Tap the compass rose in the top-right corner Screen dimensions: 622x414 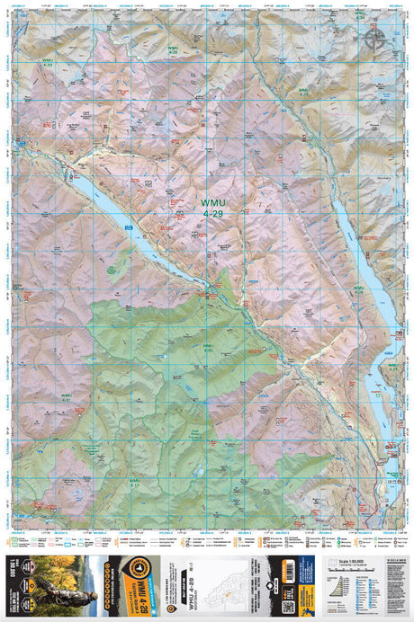tap(373, 38)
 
